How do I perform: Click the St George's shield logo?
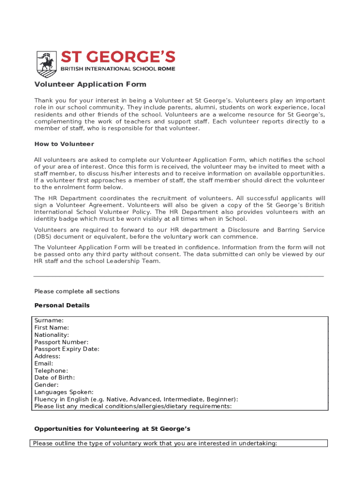47,64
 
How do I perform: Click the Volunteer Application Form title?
90,85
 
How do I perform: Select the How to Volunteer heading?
64,144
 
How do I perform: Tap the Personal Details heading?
62,305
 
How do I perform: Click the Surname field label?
49,320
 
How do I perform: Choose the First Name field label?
51,328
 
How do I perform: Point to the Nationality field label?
51,335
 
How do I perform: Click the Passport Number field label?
61,342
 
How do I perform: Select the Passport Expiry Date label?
67,349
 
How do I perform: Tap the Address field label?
47,356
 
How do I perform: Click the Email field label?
43,363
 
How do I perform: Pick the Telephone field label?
51,371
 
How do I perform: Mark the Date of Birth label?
54,377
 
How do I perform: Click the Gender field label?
46,385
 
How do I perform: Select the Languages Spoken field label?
64,392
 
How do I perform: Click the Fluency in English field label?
136,399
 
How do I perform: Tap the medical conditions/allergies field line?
133,406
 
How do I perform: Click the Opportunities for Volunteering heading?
112,429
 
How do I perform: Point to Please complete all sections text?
77,291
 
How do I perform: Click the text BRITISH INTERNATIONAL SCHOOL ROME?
118,69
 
